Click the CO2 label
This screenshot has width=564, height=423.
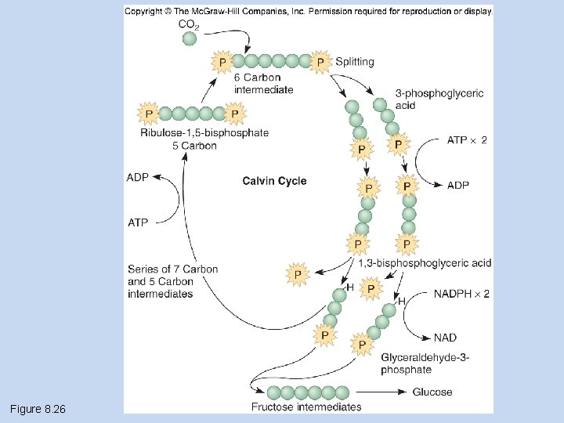pos(189,24)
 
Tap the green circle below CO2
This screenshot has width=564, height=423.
pos(190,38)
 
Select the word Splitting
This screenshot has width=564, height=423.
pos(355,62)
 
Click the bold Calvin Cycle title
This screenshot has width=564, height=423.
pos(274,181)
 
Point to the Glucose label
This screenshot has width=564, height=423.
pos(432,392)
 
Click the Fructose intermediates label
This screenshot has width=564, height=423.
pos(306,407)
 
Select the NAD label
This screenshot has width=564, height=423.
pos(445,338)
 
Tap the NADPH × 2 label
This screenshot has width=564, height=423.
pos(461,294)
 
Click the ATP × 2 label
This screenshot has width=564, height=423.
pos(467,140)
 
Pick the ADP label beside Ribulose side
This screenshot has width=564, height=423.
pos(137,177)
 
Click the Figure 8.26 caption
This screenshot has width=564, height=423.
pos(38,409)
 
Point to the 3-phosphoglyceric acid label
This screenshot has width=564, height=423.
pos(439,99)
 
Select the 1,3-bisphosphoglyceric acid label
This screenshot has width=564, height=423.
pos(425,263)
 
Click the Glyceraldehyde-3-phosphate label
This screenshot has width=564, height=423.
pos(425,363)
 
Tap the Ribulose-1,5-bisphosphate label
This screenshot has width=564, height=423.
pos(204,132)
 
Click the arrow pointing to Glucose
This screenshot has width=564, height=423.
pos(381,392)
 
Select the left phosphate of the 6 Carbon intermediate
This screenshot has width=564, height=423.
pos(222,62)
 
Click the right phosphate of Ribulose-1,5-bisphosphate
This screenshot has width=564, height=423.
pos(235,114)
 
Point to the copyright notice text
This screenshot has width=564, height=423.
pos(309,11)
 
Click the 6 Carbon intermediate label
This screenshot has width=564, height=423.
pos(264,84)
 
